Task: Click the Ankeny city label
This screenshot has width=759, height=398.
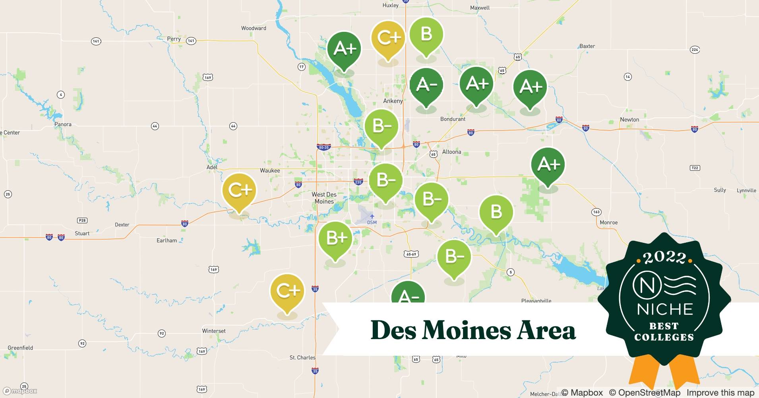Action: [393, 101]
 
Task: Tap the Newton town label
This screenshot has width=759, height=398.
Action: [629, 119]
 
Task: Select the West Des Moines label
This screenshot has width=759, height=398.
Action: [324, 198]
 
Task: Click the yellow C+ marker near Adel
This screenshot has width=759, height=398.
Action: [239, 191]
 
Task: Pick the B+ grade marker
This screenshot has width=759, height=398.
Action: [336, 238]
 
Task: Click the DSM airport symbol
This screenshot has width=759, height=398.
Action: [372, 216]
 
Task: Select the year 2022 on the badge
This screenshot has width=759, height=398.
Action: [664, 258]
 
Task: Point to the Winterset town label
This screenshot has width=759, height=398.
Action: [214, 331]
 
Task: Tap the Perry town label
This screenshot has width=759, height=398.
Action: [174, 39]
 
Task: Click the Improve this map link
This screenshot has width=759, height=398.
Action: [720, 392]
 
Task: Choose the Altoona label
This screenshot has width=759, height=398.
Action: [451, 152]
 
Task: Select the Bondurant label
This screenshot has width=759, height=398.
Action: [453, 119]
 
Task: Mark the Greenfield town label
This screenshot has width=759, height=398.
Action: [20, 348]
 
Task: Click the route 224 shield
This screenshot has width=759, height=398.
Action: [695, 50]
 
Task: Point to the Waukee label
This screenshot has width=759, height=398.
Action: [270, 170]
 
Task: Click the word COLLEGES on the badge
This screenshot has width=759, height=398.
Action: [664, 338]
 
